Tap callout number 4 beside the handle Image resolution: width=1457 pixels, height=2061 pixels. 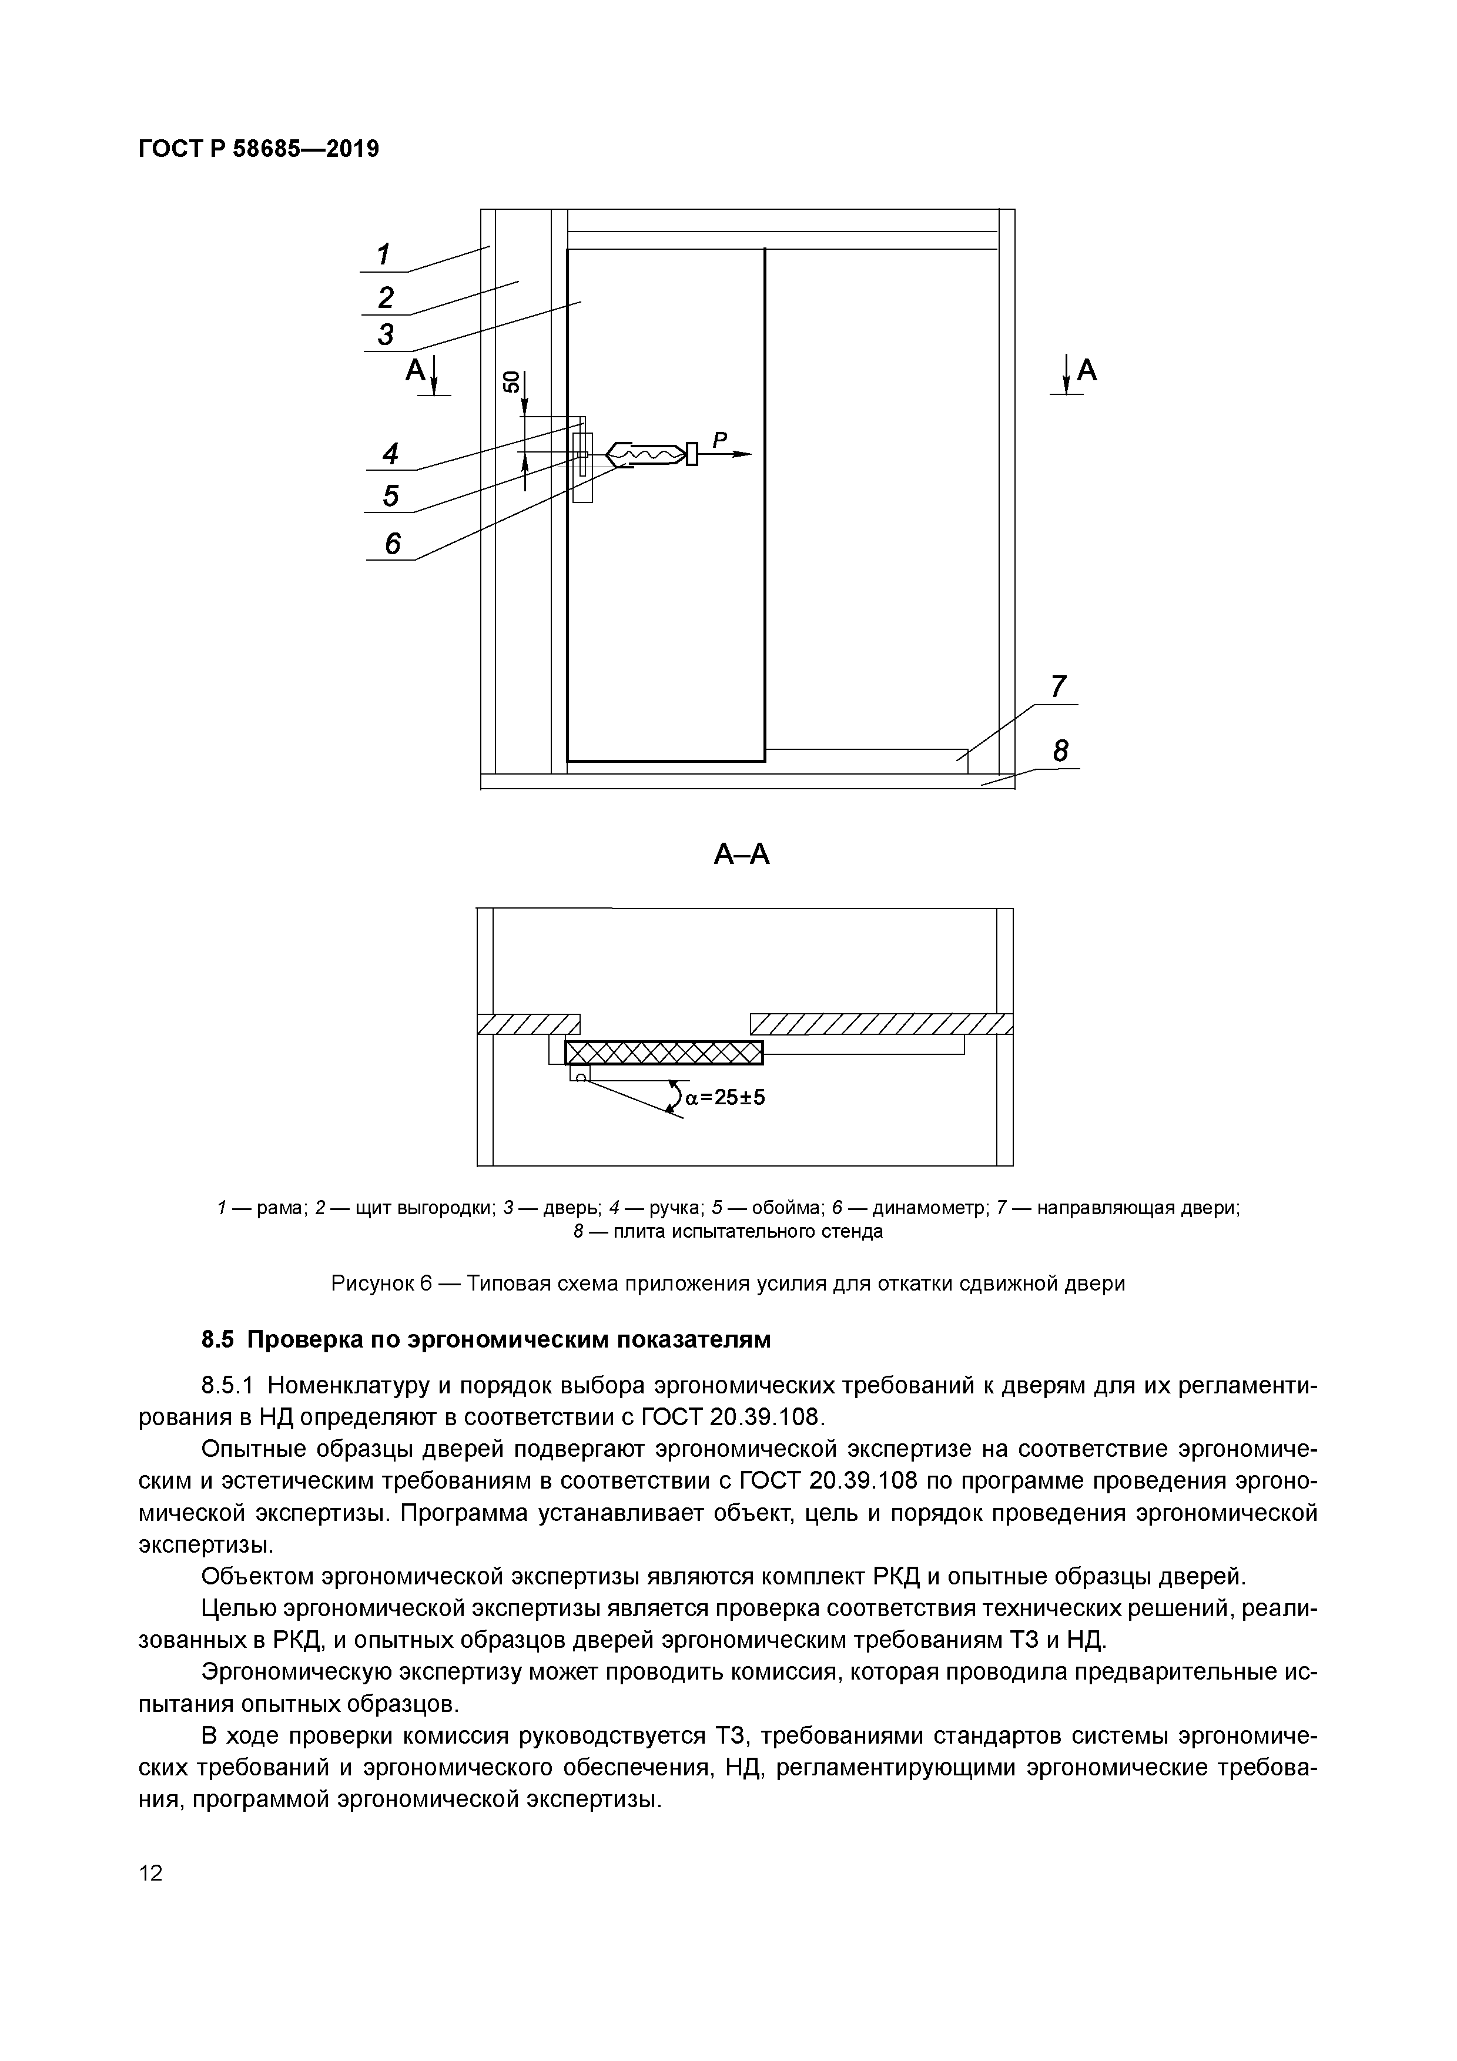390,454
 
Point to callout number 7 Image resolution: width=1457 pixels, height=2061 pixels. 1059,686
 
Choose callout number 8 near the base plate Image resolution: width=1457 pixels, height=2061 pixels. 1061,750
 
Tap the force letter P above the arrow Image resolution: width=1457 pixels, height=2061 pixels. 719,440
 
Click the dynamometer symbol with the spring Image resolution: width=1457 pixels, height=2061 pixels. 647,455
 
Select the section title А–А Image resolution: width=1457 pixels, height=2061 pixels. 742,854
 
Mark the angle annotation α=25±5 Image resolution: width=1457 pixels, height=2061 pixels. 725,1097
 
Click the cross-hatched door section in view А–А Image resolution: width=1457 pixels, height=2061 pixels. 664,1052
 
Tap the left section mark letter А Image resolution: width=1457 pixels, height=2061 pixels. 414,370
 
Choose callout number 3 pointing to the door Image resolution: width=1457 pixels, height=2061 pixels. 386,335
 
